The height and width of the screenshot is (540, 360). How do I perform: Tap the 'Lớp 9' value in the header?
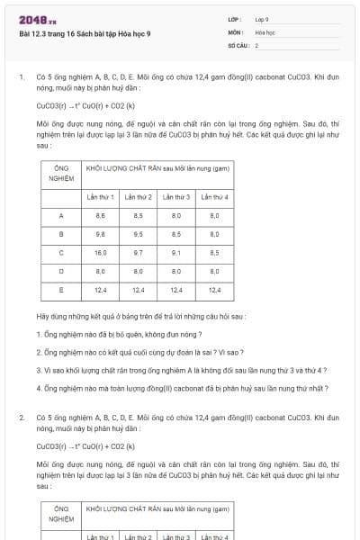pos(262,19)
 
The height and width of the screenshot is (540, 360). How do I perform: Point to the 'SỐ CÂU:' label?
pos(238,44)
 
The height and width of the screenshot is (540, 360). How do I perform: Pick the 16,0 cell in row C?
pos(101,253)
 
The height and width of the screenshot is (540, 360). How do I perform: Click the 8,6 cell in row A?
pos(101,216)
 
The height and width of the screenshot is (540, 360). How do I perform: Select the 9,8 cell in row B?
pos(101,234)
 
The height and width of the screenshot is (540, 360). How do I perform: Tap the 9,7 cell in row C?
pos(139,253)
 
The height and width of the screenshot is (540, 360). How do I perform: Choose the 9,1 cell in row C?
pos(176,253)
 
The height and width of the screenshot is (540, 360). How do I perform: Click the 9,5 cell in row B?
pos(139,234)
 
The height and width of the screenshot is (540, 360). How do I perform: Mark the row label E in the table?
pos(61,290)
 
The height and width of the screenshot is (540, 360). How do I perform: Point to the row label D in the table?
pos(61,271)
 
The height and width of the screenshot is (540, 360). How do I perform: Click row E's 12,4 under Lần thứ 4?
pos(214,290)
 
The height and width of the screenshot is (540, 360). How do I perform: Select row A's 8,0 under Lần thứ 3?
pos(176,216)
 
